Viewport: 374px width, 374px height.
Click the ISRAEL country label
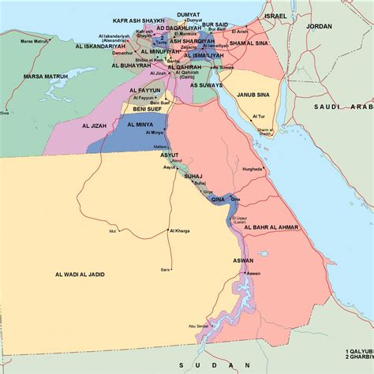pyautogui.click(x=276, y=15)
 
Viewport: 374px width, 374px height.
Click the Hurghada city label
pyautogui.click(x=252, y=169)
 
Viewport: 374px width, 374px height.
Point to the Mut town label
pyautogui.click(x=113, y=231)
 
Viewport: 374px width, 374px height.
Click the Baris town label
pyautogui.click(x=166, y=269)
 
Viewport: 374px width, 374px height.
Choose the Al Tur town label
pyautogui.click(x=258, y=116)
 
